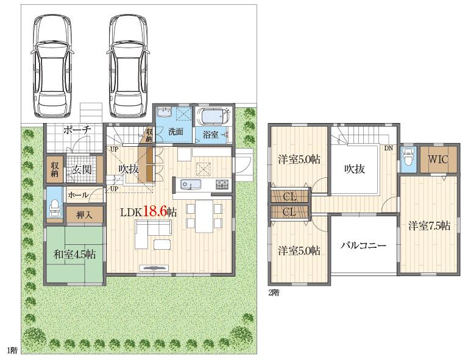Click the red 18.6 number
click(155, 211)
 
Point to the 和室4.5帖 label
click(74, 254)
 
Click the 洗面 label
click(176, 132)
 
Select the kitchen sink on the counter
click(186, 185)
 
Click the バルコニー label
click(364, 246)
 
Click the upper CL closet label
click(289, 196)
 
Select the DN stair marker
click(388, 148)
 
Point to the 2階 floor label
click(274, 292)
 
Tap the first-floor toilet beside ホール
click(54, 207)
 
